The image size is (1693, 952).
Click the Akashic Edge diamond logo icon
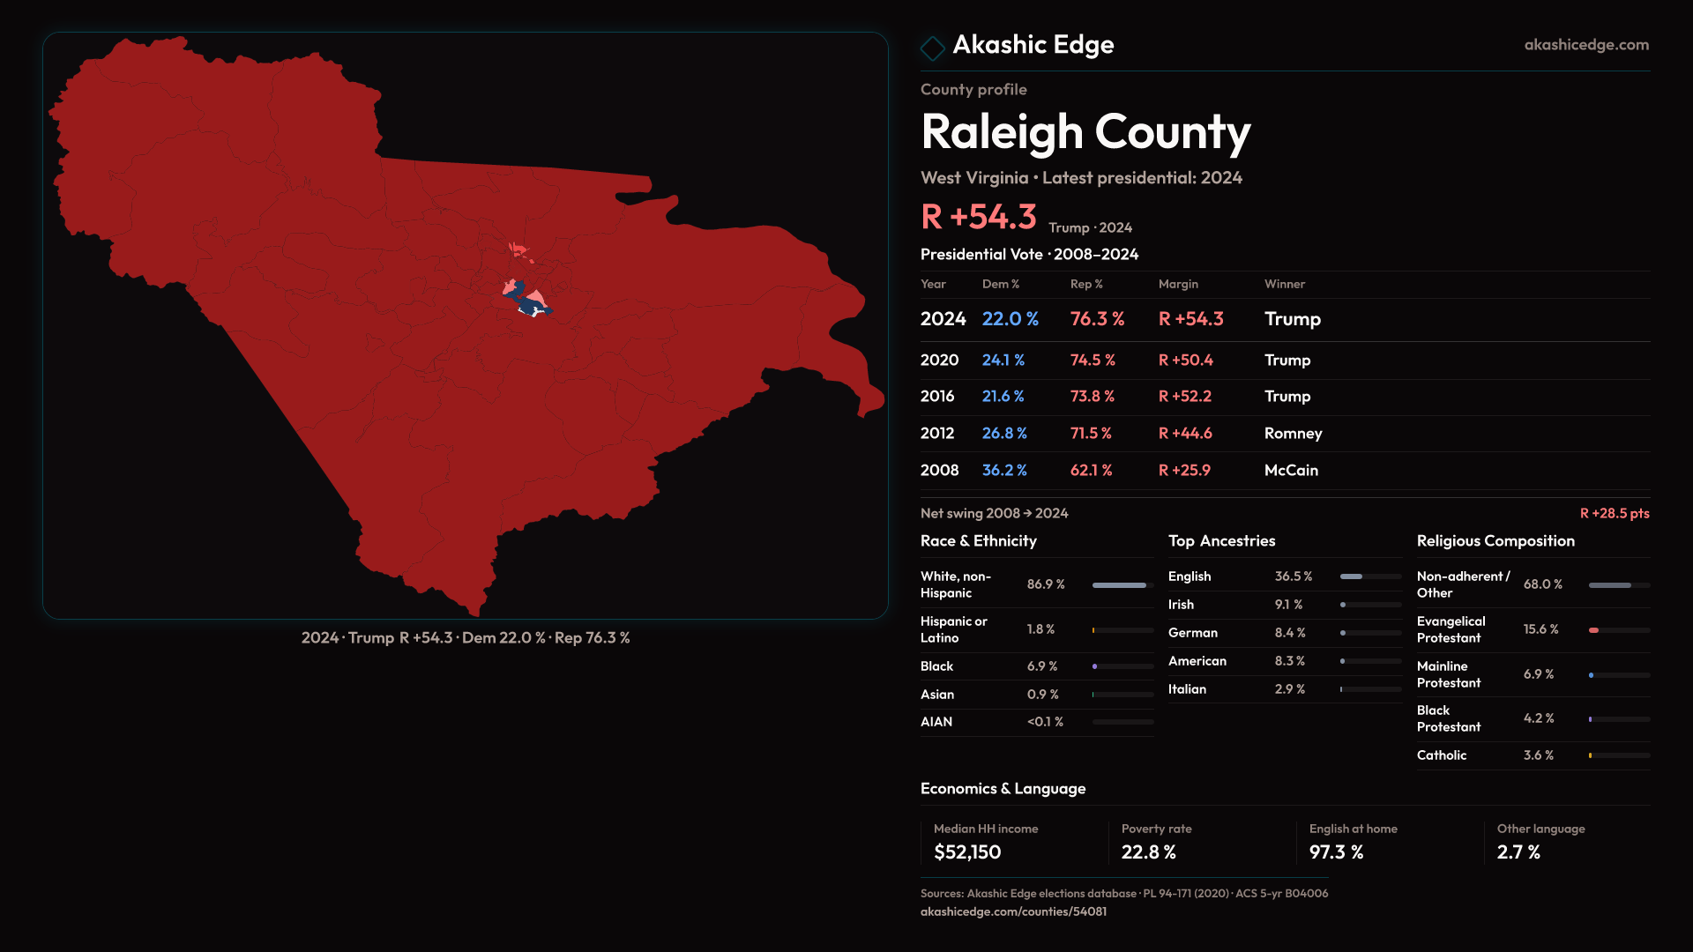pos(932,48)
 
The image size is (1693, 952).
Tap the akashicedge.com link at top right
pos(1585,45)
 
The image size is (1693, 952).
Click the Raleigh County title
pos(1085,132)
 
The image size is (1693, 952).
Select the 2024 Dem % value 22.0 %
pos(1010,319)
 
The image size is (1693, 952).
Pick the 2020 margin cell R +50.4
pos(1185,361)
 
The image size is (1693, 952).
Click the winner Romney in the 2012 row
pos(1293,434)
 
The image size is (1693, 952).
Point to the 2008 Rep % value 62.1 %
pos(1091,471)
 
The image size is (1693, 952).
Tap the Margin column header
pos(1178,284)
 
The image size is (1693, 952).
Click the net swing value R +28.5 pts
pos(1614,513)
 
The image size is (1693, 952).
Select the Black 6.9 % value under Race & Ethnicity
pos(1041,666)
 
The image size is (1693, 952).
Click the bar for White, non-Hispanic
pos(1119,585)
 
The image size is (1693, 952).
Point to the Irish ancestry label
pos(1181,605)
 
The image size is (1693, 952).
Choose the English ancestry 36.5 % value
pos(1293,576)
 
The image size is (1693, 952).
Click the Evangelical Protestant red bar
pos(1593,630)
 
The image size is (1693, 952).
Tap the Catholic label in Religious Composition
pos(1441,755)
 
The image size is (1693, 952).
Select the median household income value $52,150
pos(966,852)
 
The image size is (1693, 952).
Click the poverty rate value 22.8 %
pos(1148,852)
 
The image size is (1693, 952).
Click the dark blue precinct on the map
pos(529,304)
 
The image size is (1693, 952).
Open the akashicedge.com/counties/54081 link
pos(1013,911)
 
